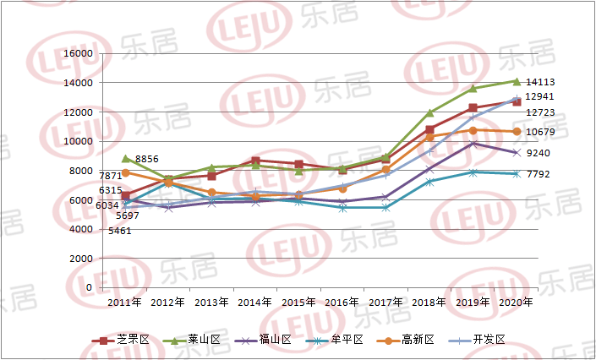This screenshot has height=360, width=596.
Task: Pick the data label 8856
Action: click(147, 159)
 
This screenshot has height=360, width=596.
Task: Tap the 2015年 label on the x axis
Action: click(299, 302)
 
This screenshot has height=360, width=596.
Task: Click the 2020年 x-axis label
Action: click(517, 302)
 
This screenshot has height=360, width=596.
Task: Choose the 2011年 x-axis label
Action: click(124, 302)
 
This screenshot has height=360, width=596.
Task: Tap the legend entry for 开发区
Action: click(489, 340)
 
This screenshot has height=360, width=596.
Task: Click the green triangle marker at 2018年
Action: click(429, 112)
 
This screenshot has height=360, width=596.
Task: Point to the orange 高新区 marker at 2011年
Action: click(126, 173)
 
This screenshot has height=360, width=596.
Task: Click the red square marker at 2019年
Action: click(473, 108)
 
